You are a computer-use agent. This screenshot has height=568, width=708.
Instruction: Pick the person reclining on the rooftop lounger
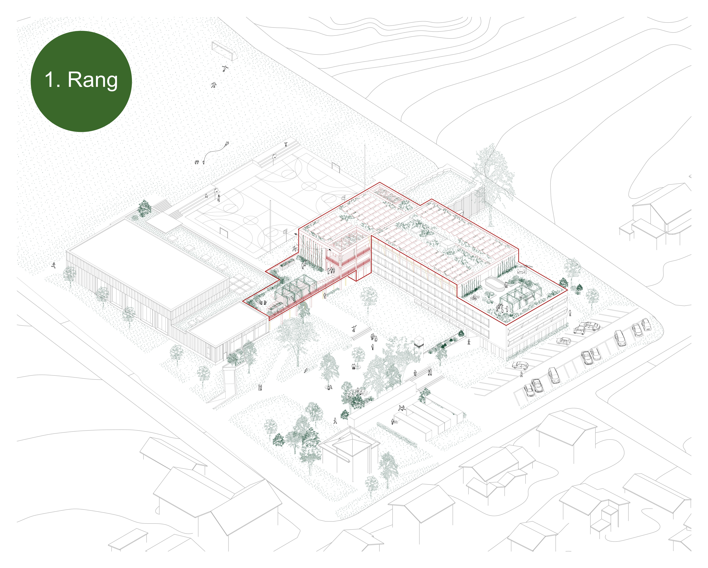[x=474, y=298]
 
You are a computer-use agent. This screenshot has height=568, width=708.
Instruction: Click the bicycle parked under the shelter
[x=395, y=422]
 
